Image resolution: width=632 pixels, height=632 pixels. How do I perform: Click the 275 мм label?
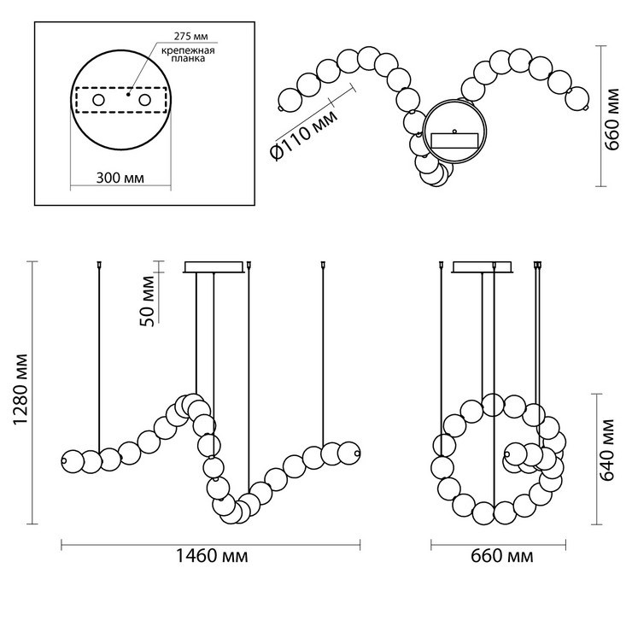pyautogui.click(x=191, y=36)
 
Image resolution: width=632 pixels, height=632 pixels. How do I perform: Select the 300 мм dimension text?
pyautogui.click(x=120, y=178)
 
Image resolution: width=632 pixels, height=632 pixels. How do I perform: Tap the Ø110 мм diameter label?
pyautogui.click(x=305, y=135)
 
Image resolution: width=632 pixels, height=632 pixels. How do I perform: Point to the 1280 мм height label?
pyautogui.click(x=20, y=389)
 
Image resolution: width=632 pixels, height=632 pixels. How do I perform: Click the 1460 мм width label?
pyautogui.click(x=212, y=556)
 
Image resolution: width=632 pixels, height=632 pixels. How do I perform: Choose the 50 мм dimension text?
pyautogui.click(x=148, y=301)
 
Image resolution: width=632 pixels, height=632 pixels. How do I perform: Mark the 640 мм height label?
pyautogui.click(x=607, y=450)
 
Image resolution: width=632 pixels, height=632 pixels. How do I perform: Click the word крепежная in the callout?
pyautogui.click(x=188, y=50)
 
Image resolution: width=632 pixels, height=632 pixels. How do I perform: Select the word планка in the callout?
pyautogui.click(x=188, y=58)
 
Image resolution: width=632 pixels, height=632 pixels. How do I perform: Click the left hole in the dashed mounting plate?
pyautogui.click(x=99, y=100)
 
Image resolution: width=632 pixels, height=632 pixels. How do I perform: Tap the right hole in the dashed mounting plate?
pyautogui.click(x=144, y=100)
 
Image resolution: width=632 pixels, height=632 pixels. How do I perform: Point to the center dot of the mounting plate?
pyautogui.click(x=128, y=94)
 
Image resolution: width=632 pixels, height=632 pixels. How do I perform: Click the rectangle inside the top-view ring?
pyautogui.click(x=455, y=141)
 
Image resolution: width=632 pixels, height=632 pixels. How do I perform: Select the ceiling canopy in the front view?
pyautogui.click(x=214, y=267)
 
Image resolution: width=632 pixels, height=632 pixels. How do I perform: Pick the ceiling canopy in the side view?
pyautogui.click(x=483, y=267)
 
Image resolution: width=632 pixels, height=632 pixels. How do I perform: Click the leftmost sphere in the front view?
pyautogui.click(x=73, y=460)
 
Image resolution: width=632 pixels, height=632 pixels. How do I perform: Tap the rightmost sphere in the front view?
pyautogui.click(x=348, y=453)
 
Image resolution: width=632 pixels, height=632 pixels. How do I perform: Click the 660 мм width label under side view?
pyautogui.click(x=502, y=556)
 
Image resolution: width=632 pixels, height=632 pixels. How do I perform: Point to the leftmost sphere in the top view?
pyautogui.click(x=290, y=100)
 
